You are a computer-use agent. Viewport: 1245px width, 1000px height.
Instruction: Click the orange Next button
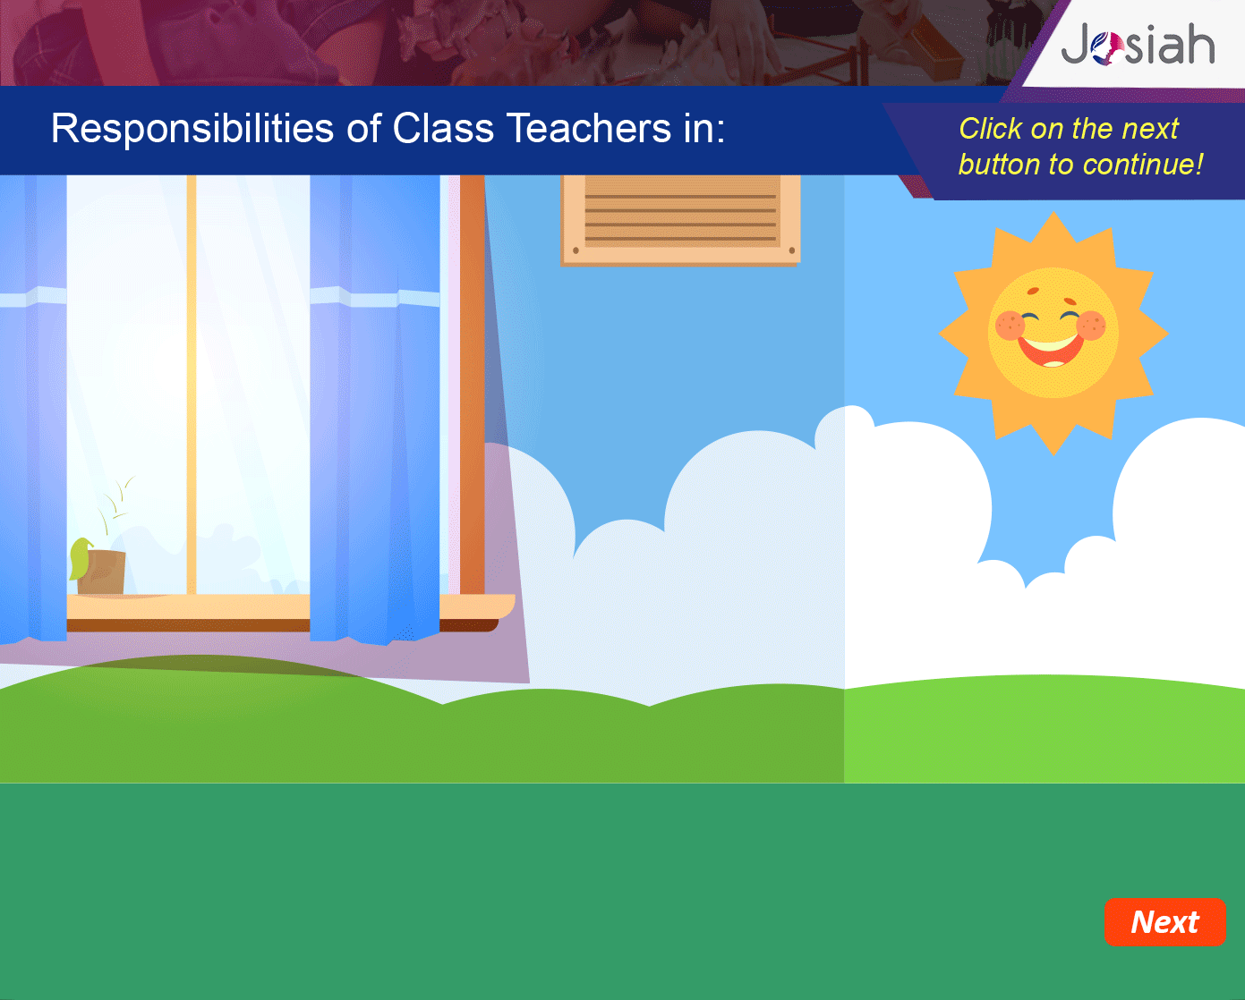[x=1164, y=922]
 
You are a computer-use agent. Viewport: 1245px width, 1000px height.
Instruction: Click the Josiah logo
[x=1138, y=44]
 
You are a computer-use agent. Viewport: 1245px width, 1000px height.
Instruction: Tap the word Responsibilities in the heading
[x=192, y=129]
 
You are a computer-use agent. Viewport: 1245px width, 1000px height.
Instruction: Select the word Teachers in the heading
[x=588, y=128]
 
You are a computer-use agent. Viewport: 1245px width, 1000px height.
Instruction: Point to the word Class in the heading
[x=442, y=128]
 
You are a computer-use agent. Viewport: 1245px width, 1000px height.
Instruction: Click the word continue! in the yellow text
[x=1143, y=165]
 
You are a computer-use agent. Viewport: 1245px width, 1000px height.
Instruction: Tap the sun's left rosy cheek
[x=1010, y=326]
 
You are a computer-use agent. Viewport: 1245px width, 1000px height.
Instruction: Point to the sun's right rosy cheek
[x=1091, y=325]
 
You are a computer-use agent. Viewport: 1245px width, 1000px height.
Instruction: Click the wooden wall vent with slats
[x=680, y=220]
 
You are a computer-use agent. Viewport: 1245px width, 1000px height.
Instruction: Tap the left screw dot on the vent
[x=576, y=250]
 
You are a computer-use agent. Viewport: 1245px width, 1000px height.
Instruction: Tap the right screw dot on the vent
[x=792, y=250]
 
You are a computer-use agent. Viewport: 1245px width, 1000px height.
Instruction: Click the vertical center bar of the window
[x=192, y=385]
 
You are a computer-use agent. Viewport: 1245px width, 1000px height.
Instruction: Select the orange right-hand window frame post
[x=473, y=385]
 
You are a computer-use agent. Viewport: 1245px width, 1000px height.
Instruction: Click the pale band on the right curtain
[x=375, y=297]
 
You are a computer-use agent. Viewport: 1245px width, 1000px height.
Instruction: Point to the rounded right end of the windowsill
[x=509, y=606]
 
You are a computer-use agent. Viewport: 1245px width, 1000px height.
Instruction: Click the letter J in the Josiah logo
[x=1076, y=44]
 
